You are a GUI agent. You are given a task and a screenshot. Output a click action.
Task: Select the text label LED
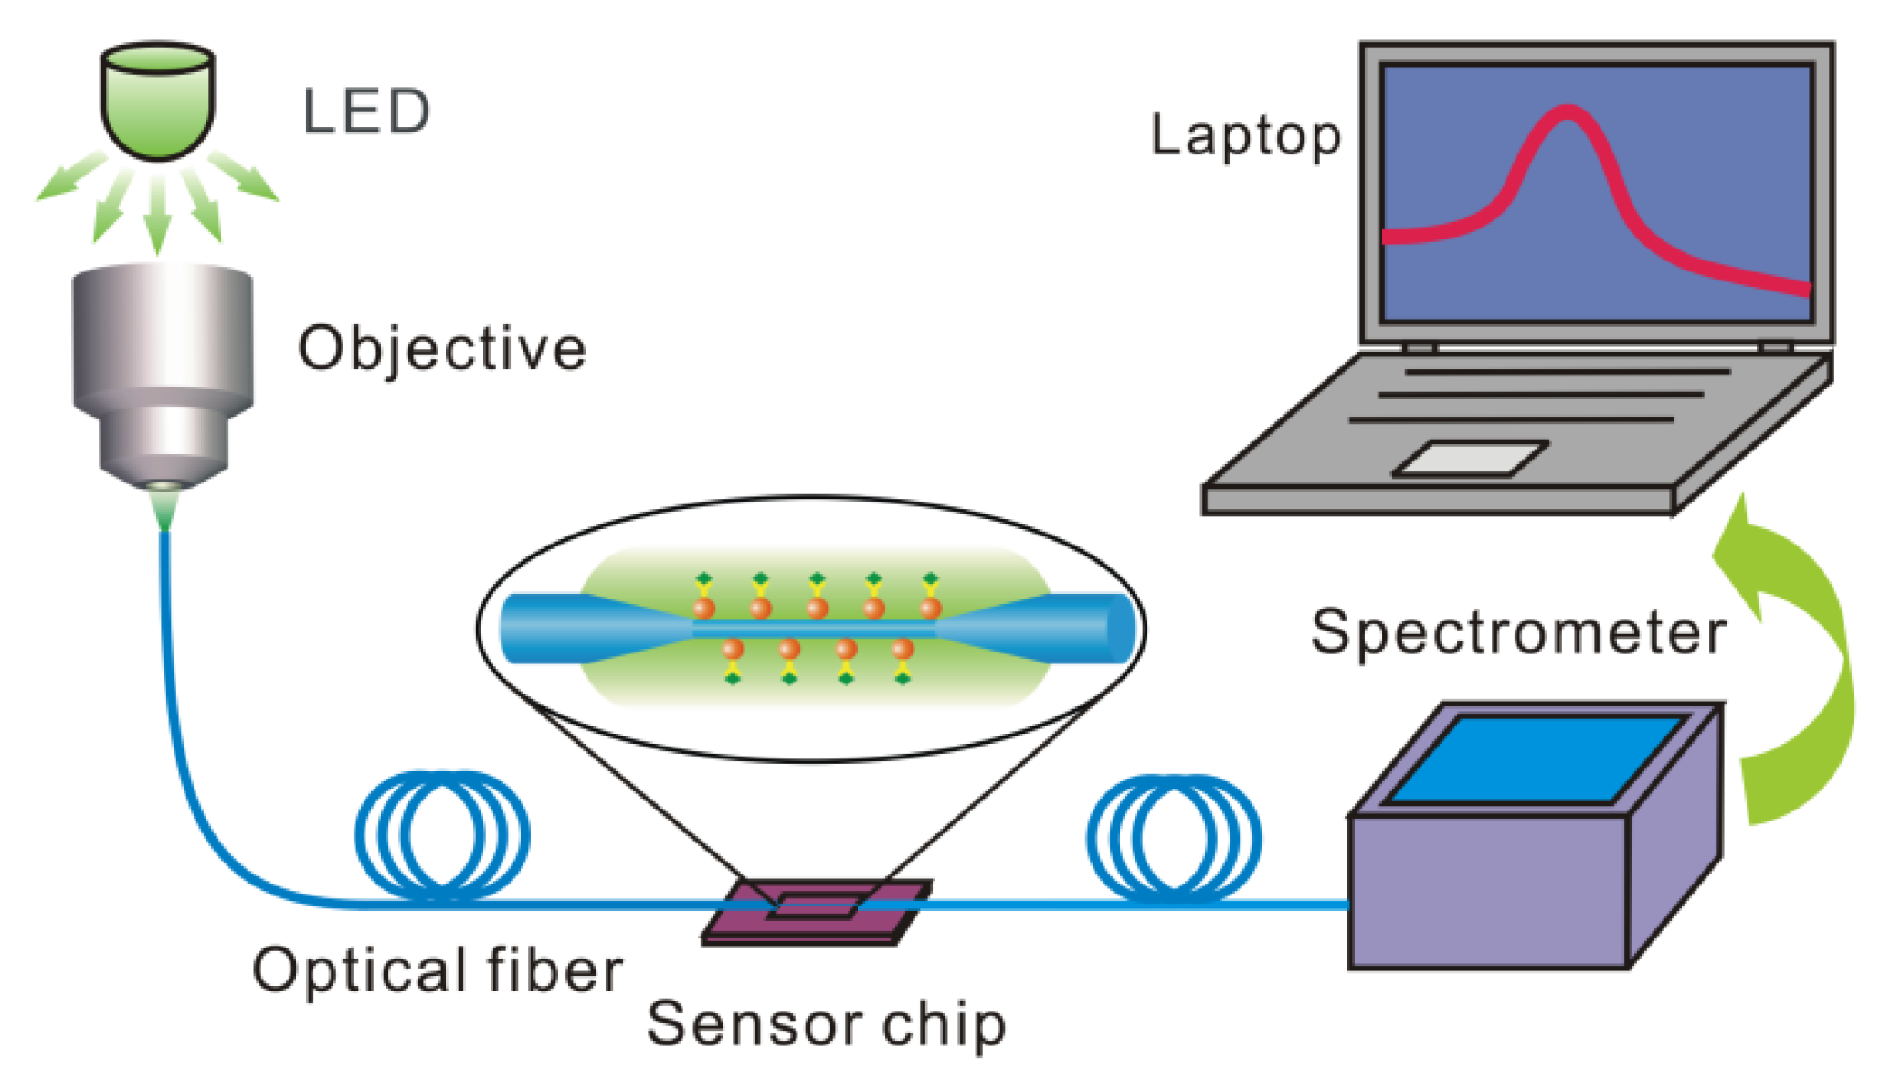(x=365, y=112)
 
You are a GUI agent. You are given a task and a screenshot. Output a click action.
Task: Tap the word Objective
(x=441, y=349)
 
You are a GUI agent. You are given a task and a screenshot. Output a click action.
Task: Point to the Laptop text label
(x=1245, y=137)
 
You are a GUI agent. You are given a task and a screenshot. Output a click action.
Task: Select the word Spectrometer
(x=1517, y=632)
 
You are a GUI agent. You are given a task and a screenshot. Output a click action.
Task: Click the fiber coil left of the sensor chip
(x=442, y=836)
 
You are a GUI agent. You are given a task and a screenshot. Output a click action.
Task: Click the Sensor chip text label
(x=826, y=1024)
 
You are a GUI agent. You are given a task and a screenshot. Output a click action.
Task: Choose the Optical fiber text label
(x=437, y=970)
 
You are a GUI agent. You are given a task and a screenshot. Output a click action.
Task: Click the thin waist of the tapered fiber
(x=813, y=629)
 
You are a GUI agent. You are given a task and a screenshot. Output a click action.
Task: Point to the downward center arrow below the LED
(x=158, y=215)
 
